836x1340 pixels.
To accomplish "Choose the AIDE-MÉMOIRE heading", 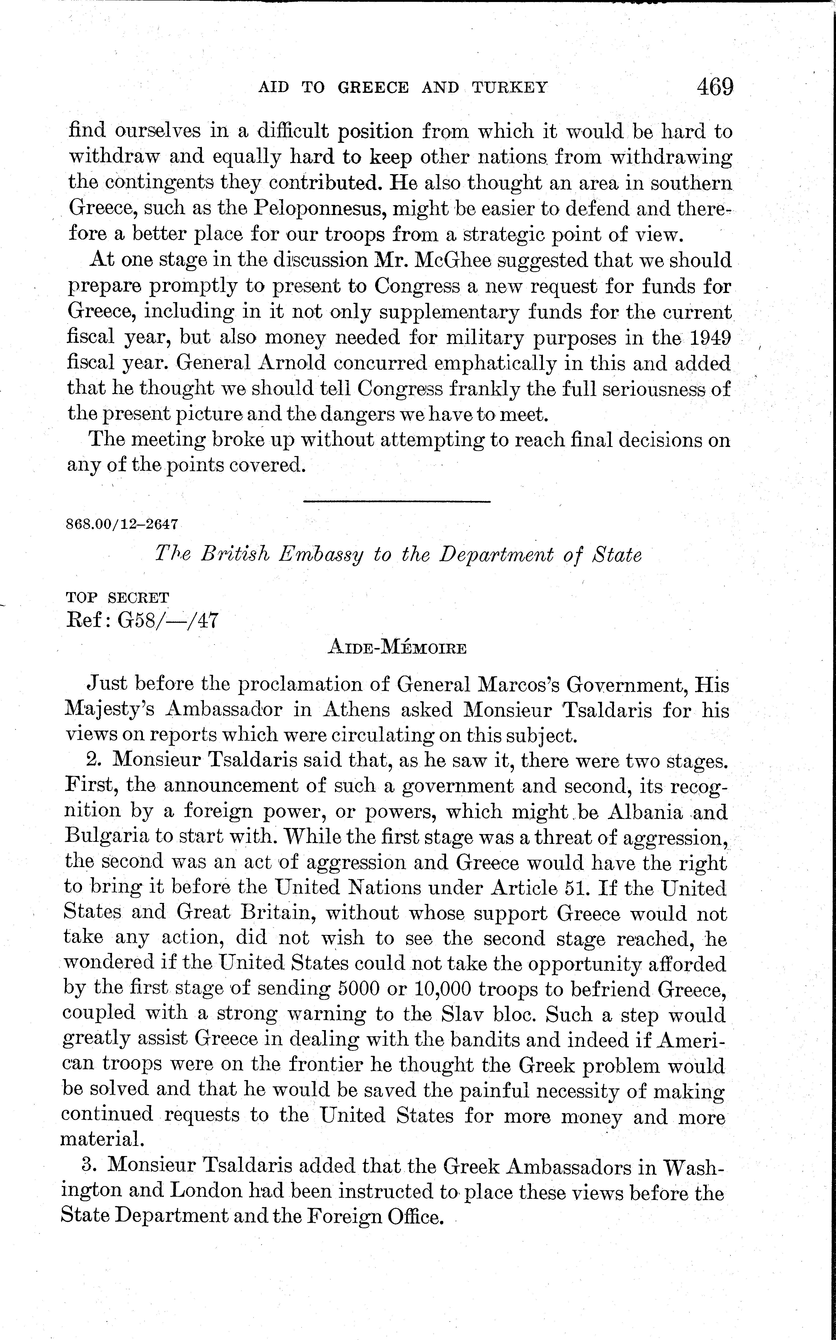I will click(x=397, y=647).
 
